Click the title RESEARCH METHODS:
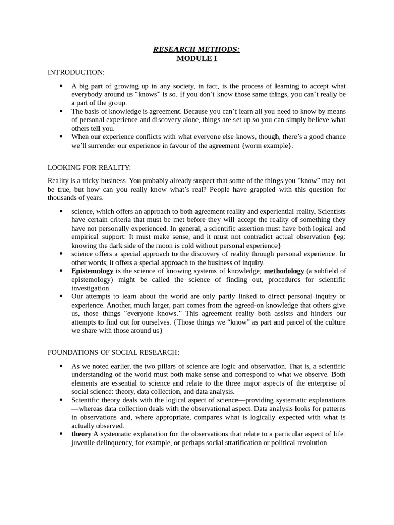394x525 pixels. point(196,49)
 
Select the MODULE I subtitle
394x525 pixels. point(196,58)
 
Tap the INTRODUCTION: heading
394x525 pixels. point(76,72)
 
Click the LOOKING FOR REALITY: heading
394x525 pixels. point(89,168)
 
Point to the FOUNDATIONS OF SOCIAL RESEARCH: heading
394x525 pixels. point(113,352)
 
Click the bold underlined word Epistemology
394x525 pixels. point(92,271)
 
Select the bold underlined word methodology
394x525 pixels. point(284,271)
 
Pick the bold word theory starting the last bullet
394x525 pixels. point(81,434)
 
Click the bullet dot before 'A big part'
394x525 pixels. point(61,86)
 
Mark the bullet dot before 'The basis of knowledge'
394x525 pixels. point(61,111)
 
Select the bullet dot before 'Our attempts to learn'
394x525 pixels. point(61,296)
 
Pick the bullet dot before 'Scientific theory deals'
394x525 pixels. point(61,400)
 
